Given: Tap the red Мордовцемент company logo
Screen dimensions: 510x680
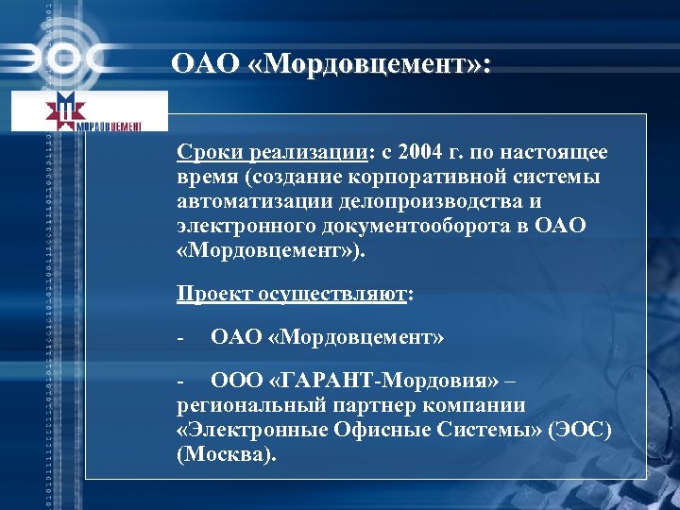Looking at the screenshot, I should coord(90,111).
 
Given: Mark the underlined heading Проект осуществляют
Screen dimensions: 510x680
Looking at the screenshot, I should coord(292,293).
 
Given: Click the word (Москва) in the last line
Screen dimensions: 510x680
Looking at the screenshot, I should coord(228,455).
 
